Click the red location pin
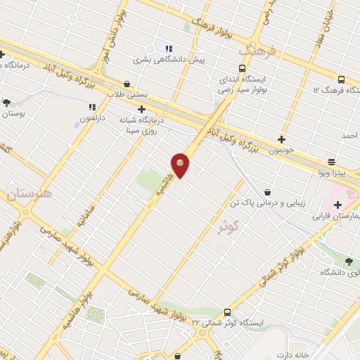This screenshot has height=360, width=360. (180, 165)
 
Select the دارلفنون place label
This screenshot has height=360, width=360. (92, 118)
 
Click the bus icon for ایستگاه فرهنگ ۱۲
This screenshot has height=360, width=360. (341, 79)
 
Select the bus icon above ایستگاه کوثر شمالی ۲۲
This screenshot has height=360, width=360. (227, 311)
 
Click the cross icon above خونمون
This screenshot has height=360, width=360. (282, 139)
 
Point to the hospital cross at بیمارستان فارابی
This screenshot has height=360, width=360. (338, 205)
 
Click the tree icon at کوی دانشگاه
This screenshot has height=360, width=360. (349, 262)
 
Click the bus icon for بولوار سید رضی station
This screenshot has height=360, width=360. (242, 69)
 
